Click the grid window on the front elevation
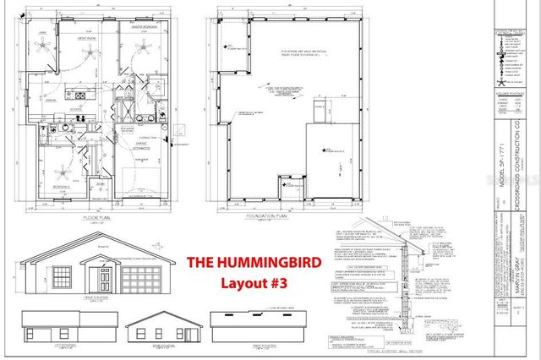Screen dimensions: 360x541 pos(62,276)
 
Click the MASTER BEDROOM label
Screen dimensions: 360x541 pos(135,26)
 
